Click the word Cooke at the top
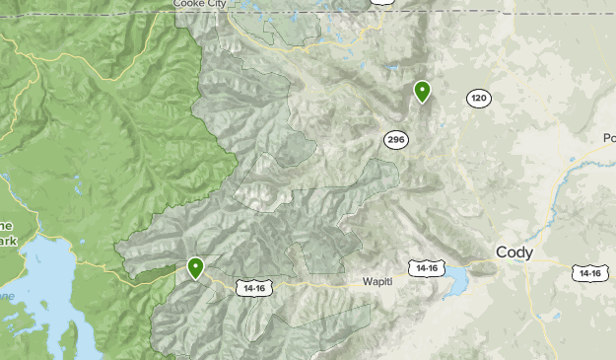(191, 4)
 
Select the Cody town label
(514, 252)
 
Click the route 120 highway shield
(479, 99)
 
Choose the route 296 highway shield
(396, 140)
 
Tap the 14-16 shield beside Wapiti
(427, 268)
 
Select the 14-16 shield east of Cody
(589, 272)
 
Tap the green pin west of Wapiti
(196, 266)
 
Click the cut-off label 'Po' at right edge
(608, 138)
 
